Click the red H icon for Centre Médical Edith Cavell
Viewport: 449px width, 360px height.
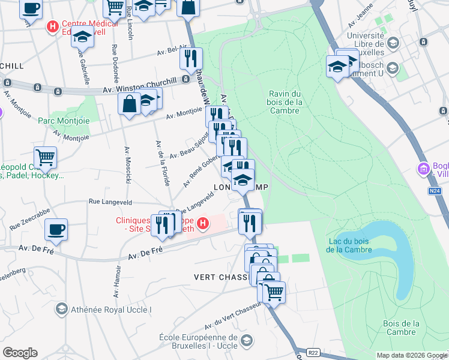53,27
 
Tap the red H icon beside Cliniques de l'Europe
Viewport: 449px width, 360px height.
203,224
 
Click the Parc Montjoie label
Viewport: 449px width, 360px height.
64,121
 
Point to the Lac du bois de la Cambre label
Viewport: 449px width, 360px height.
352,245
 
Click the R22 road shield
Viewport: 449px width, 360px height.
312,353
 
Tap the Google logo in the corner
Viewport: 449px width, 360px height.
20,352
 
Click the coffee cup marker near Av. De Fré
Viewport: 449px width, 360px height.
56,229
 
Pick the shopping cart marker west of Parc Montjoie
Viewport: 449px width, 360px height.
45,158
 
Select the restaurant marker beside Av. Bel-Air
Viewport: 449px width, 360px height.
191,59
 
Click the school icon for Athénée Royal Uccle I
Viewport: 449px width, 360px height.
61,309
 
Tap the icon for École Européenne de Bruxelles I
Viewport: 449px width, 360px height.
246,341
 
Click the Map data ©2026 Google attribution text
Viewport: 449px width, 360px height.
412,355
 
